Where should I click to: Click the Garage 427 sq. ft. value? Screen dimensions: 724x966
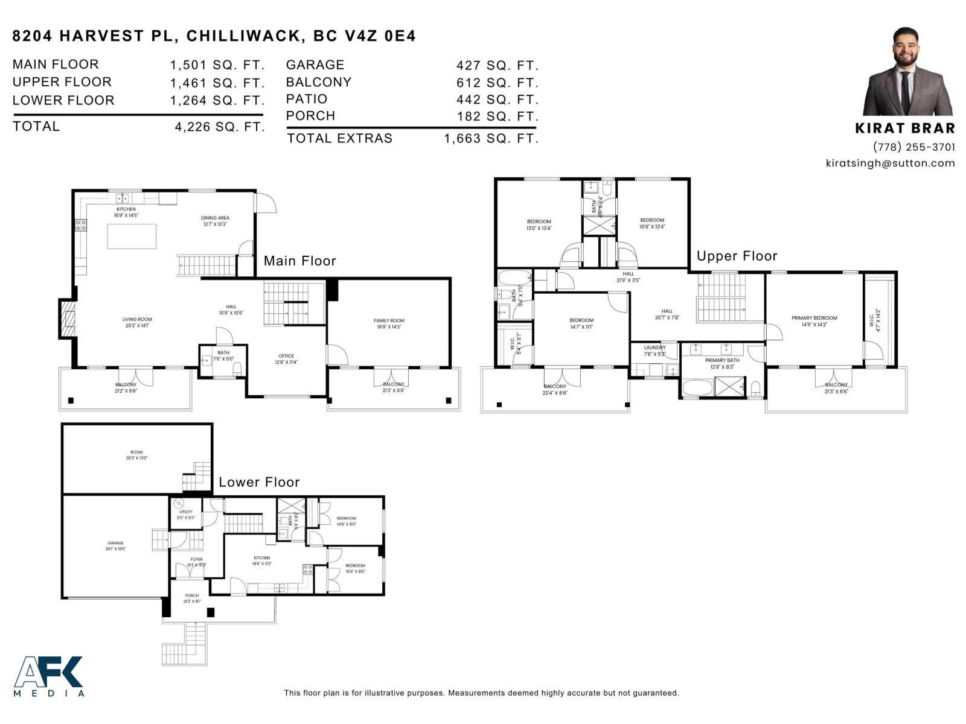click(497, 65)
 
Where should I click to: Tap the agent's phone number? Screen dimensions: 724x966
click(913, 147)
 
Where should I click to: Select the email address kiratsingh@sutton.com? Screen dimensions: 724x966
click(890, 163)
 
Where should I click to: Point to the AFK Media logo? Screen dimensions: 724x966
click(48, 676)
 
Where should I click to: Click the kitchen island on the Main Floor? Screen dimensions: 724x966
click(132, 236)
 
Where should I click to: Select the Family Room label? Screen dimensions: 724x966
click(389, 321)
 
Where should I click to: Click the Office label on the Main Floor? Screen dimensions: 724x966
click(286, 356)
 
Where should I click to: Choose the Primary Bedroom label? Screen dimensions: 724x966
click(814, 318)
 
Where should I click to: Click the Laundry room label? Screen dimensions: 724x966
click(654, 348)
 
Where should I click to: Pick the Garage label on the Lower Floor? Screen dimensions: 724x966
click(115, 543)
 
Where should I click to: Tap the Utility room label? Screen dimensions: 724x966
click(186, 512)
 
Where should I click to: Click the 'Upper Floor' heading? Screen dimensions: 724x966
click(737, 256)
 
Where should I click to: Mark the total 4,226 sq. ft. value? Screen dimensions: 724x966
click(219, 127)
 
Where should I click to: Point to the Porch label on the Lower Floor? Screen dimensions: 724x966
click(192, 595)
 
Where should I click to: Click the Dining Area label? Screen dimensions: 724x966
click(215, 218)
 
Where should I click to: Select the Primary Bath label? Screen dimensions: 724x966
click(721, 360)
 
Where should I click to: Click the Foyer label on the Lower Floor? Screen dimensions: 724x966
click(197, 559)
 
